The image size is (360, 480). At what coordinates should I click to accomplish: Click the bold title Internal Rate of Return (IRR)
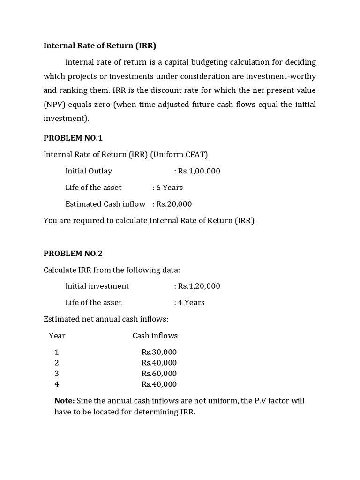click(100, 46)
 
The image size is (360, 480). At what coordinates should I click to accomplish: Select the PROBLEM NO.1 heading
click(73, 138)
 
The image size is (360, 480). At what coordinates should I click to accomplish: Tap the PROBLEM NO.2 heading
click(73, 254)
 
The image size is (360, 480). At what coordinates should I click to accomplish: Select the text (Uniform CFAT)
click(179, 154)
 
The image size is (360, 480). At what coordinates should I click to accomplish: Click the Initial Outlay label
click(89, 171)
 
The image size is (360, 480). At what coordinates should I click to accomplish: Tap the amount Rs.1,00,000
click(197, 171)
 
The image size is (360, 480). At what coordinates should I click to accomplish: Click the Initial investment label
click(97, 286)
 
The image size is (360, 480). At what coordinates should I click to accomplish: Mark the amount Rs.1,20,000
click(197, 286)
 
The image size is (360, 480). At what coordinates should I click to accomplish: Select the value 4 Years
click(189, 302)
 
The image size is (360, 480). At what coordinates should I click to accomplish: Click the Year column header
click(57, 336)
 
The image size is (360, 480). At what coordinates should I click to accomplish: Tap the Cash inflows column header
click(155, 336)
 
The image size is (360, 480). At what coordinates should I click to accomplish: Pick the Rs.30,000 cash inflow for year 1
click(159, 352)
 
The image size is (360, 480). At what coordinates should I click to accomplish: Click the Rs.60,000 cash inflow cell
click(159, 374)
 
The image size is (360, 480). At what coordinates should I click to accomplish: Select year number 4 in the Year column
click(57, 384)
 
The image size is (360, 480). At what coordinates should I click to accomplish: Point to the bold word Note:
click(65, 401)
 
